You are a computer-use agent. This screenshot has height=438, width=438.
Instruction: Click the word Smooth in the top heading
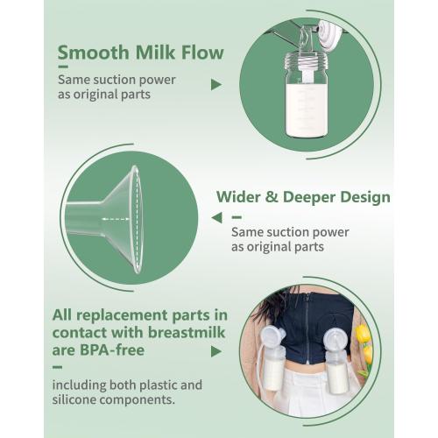pos(94,53)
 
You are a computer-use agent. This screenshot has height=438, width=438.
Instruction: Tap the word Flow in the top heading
pos(202,53)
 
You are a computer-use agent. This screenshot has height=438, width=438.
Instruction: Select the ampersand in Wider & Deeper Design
pos(272,197)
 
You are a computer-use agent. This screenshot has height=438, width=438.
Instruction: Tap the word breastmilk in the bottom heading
pos(187,332)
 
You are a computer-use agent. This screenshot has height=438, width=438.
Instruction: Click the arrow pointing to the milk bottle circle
pos(216,85)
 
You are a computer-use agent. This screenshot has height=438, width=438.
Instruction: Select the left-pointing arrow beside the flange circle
pos(217,218)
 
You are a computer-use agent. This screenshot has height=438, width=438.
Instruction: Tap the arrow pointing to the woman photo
pos(216,351)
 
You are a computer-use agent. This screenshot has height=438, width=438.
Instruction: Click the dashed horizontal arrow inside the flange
pos(116,219)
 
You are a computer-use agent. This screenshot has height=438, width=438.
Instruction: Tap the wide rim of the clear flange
pos(137,219)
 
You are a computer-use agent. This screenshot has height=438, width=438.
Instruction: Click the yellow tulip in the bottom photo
pos(364,334)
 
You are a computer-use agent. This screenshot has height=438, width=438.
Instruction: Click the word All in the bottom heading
pos(62,315)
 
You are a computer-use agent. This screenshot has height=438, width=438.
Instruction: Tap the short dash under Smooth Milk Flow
pos(63,67)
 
